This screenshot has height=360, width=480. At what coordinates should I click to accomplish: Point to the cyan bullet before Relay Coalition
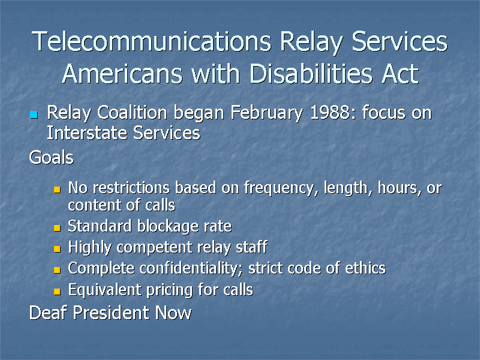[34, 114]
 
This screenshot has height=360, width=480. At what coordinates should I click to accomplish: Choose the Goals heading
[52, 158]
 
